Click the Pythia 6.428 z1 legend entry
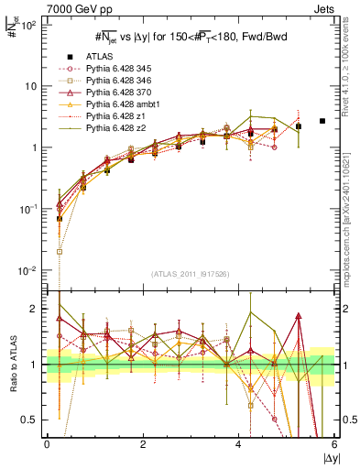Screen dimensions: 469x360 (x=115, y=117)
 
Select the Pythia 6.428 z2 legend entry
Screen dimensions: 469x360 (x=115, y=129)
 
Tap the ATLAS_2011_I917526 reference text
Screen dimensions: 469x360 (x=191, y=274)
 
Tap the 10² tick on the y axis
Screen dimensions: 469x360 (x=29, y=25)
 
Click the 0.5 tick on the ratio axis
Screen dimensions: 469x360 (x=29, y=420)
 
